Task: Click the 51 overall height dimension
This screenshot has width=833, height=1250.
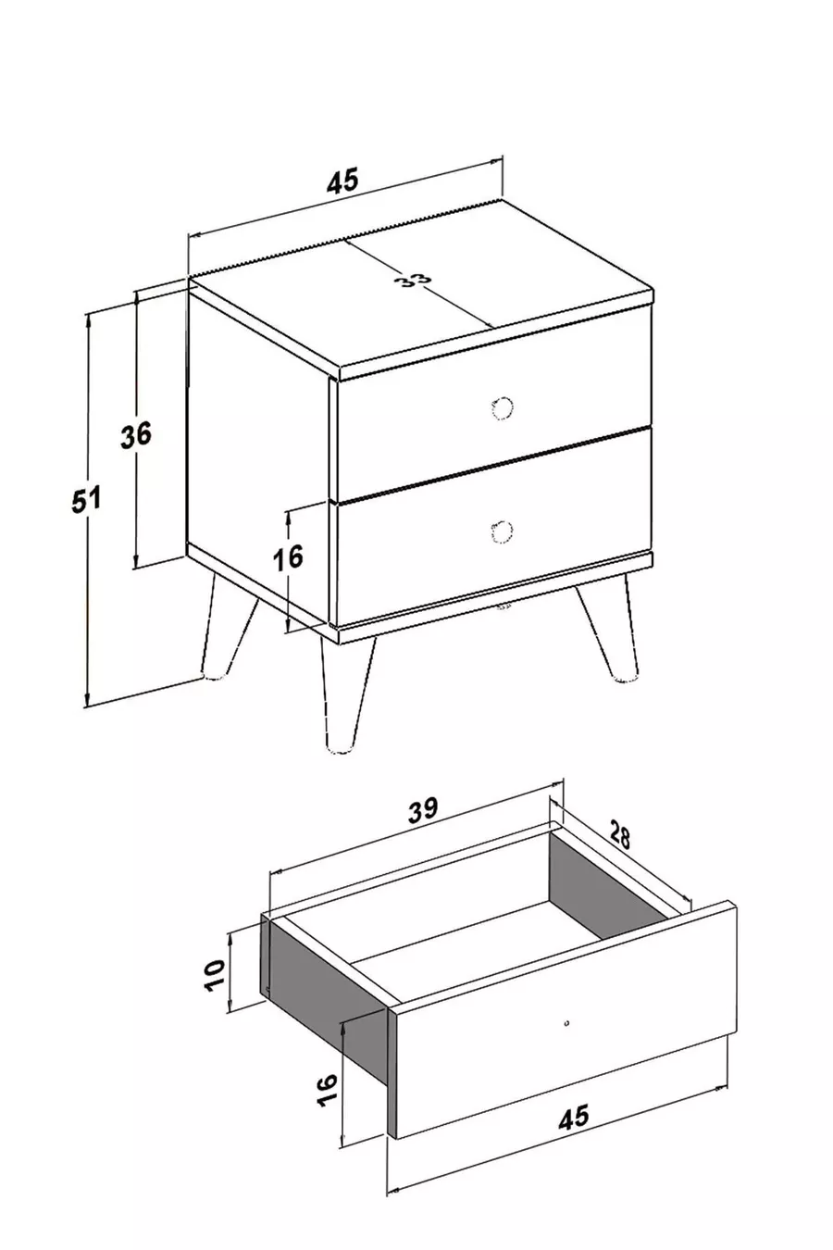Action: pos(86,499)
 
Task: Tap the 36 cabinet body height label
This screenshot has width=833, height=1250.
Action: pos(136,434)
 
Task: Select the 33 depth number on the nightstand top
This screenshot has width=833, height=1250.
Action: pos(416,281)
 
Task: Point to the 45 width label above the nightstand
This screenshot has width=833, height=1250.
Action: pos(342,181)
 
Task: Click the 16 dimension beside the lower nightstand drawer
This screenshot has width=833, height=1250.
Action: pos(288,556)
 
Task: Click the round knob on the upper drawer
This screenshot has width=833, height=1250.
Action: pos(503,407)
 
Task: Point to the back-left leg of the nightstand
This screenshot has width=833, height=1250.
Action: pos(226,626)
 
